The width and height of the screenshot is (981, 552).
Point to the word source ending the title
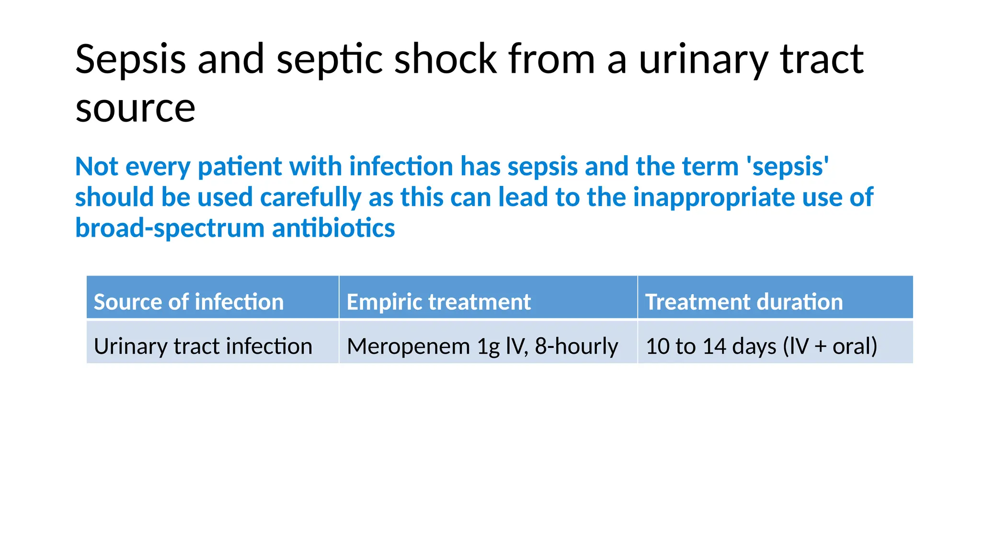tap(135, 108)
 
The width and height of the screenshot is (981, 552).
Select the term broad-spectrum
tap(170, 228)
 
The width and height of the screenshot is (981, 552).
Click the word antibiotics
tap(333, 228)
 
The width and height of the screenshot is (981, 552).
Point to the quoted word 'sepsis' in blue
tap(787, 167)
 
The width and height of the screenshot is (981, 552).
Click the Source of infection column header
tap(189, 302)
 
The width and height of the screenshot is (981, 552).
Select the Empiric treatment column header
tap(438, 302)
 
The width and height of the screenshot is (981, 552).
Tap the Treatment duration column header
tap(743, 302)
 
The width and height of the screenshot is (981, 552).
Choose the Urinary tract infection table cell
tap(203, 346)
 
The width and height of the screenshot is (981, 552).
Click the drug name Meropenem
tap(408, 346)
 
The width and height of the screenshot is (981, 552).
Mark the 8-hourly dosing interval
tap(576, 346)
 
